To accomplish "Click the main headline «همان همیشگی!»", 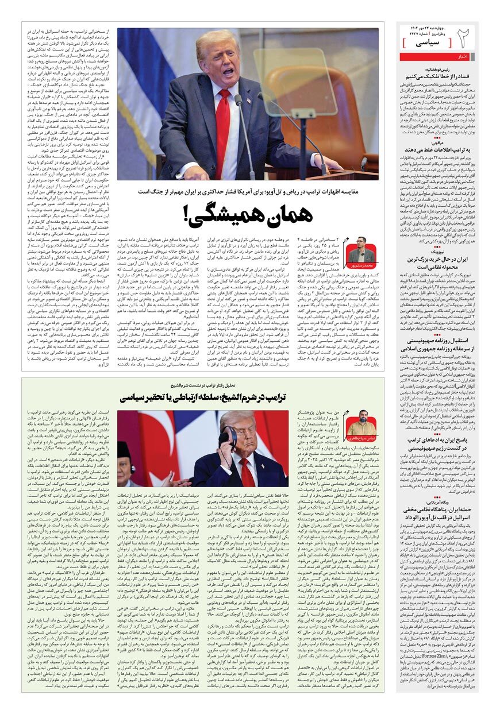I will [x=248, y=213].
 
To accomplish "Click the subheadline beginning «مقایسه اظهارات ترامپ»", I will [x=248, y=190].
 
